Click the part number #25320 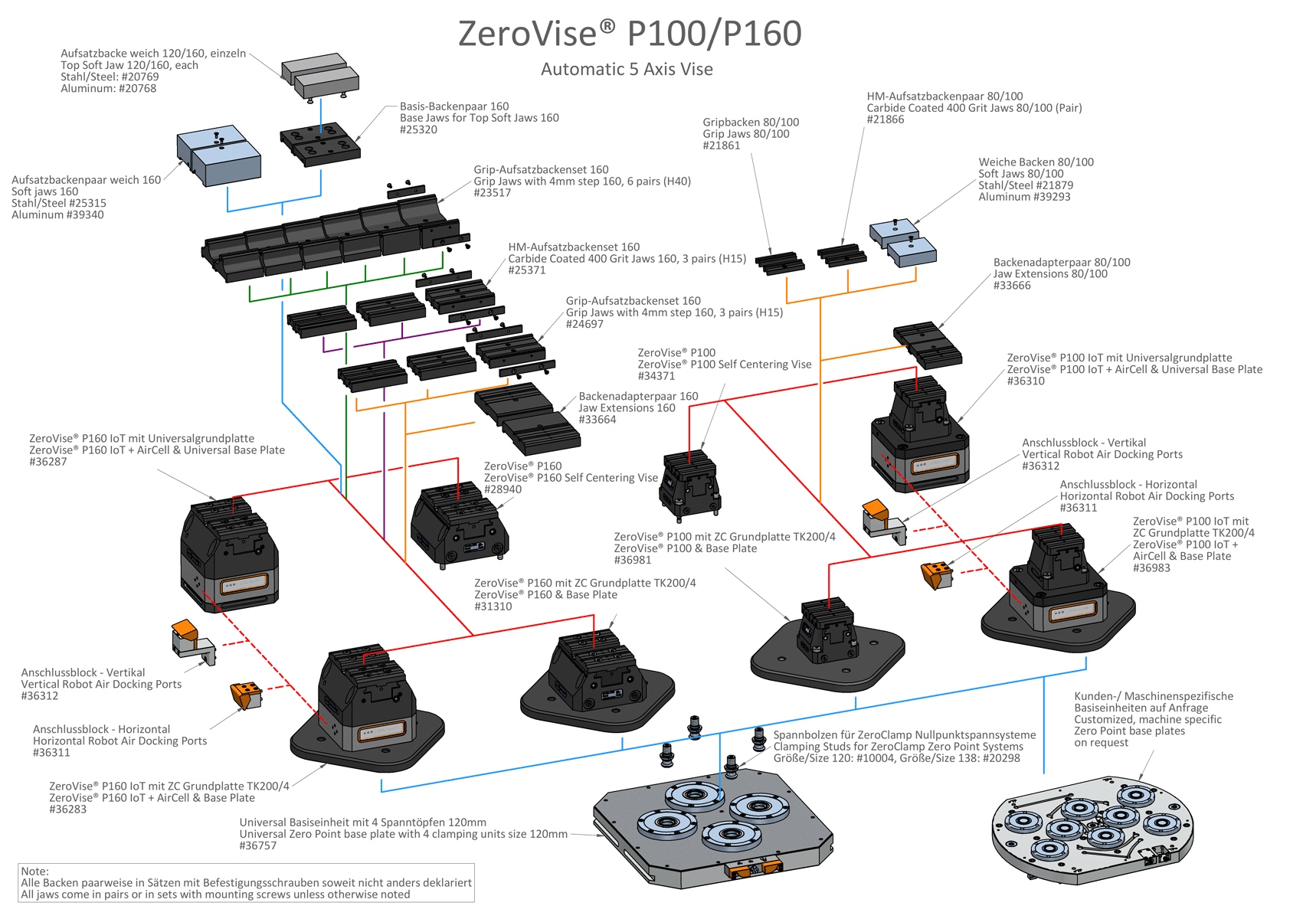point(418,130)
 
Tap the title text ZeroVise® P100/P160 point(630,34)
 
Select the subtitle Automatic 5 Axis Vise point(627,70)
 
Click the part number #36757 point(258,846)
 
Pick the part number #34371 point(656,376)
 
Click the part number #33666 point(1012,286)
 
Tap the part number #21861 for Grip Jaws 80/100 point(722,146)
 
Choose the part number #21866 point(886,119)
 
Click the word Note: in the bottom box point(35,872)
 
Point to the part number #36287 point(48,462)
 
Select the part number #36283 point(68,809)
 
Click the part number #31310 point(493,607)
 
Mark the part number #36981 point(633,560)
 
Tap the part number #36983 point(1151,568)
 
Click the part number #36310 point(1026,381)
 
